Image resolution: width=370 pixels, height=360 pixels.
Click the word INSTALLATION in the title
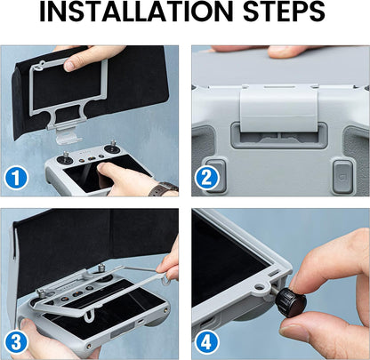pyautogui.click(x=136, y=12)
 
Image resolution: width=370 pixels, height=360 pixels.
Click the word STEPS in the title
pyautogui.click(x=285, y=12)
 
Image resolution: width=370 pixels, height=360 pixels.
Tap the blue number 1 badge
pyautogui.click(x=16, y=178)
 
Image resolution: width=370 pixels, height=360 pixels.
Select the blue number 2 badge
pyautogui.click(x=206, y=178)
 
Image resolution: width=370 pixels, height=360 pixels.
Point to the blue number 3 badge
pyautogui.click(x=16, y=342)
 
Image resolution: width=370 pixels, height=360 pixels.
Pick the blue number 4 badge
pyautogui.click(x=206, y=342)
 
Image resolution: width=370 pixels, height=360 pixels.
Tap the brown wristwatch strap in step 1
pyautogui.click(x=163, y=189)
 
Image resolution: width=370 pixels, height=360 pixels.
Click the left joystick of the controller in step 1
pyautogui.click(x=65, y=158)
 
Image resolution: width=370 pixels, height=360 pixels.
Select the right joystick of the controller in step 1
pyautogui.click(x=113, y=148)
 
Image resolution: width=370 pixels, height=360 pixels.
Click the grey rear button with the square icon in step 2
pyautogui.click(x=343, y=177)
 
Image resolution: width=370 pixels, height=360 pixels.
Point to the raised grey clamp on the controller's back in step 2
pyautogui.click(x=278, y=109)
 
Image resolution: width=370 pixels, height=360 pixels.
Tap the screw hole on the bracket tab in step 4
pyautogui.click(x=260, y=287)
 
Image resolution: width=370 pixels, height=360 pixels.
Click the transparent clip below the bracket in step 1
pyautogui.click(x=68, y=137)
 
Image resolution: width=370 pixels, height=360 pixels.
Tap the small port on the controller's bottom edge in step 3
pyautogui.click(x=141, y=322)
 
